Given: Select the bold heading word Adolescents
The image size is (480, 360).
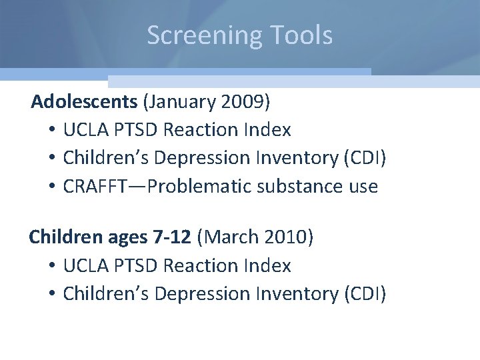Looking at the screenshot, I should pos(85,102).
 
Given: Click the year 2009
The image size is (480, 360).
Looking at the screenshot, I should pos(245,102).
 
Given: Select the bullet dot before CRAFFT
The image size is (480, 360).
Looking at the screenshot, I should pos(51,187).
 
